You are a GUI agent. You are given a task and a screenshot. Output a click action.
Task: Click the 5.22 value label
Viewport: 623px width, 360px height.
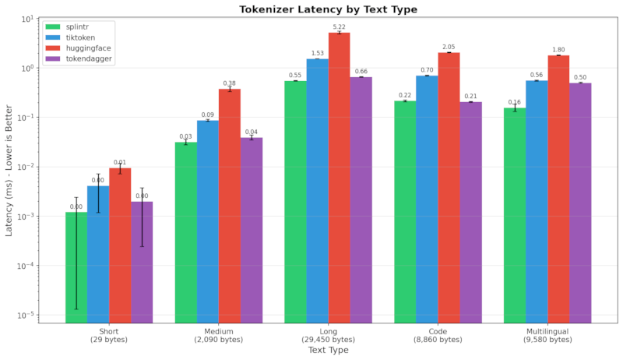(340, 27)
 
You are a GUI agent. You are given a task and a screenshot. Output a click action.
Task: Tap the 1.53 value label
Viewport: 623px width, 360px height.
(317, 54)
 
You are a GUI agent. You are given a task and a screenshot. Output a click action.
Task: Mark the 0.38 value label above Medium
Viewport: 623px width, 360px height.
(230, 83)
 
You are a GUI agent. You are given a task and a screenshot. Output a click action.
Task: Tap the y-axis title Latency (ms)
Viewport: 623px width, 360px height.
(10, 168)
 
